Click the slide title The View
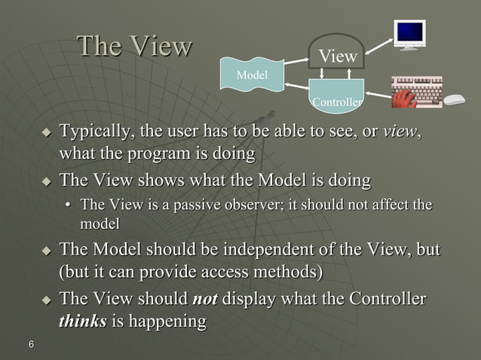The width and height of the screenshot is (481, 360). tap(135, 47)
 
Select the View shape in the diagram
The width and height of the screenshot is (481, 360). tap(337, 54)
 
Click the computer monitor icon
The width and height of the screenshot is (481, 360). tap(411, 35)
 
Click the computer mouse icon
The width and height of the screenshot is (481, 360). tap(454, 99)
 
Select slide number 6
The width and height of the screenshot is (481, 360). tap(31, 345)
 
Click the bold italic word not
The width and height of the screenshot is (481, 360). tap(205, 300)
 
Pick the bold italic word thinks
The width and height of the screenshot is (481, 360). tap(82, 322)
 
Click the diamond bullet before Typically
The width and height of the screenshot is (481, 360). tap(47, 134)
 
